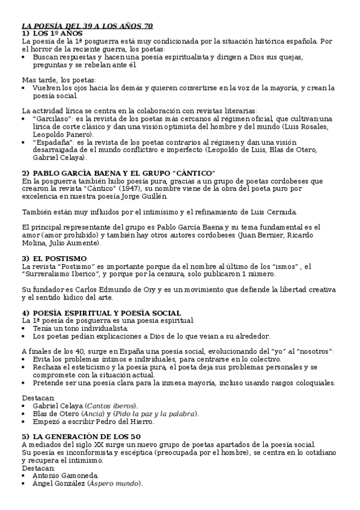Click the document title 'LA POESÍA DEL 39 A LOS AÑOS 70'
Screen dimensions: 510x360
point(87,26)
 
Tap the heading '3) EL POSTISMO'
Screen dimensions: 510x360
point(55,258)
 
